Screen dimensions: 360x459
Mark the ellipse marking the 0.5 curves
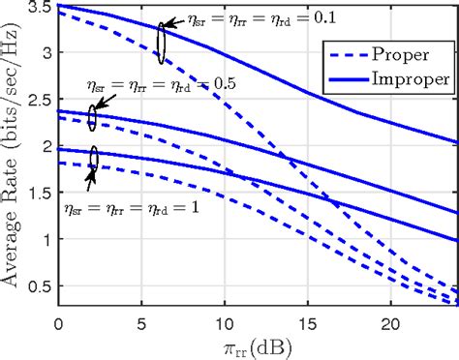[92, 118]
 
